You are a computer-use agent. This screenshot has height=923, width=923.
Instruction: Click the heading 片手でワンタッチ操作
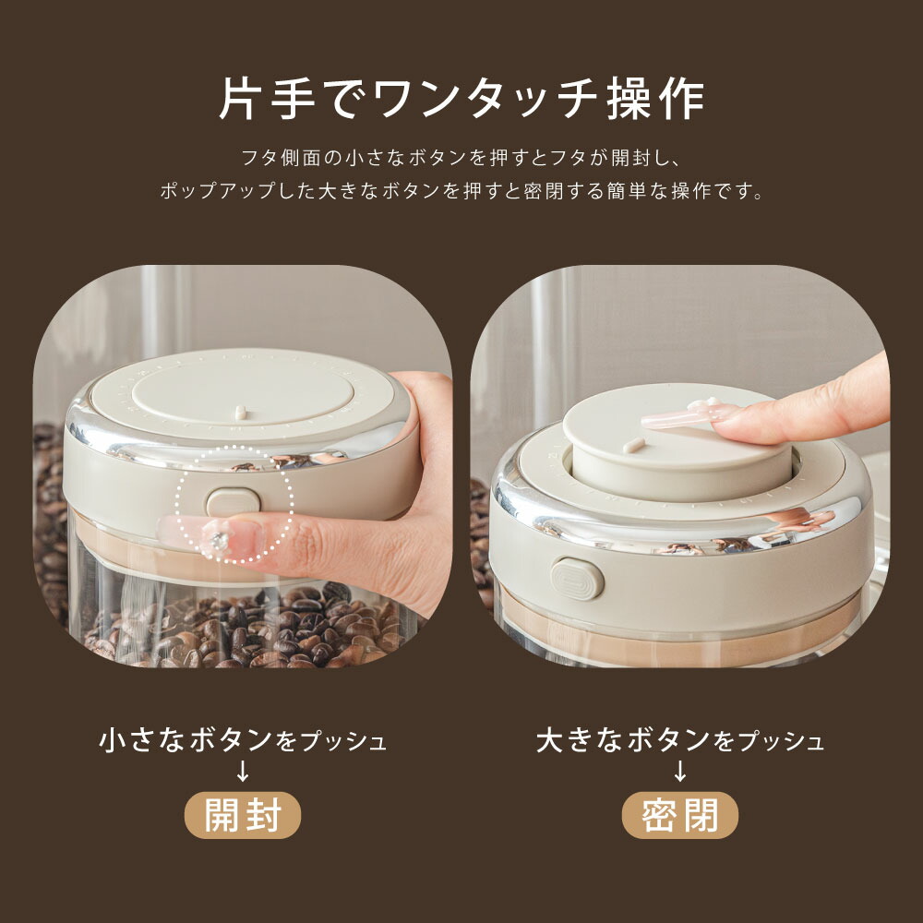pos(461,100)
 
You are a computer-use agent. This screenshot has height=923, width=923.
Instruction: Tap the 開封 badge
pos(243,815)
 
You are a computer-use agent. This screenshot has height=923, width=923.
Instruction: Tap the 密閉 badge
pos(680,815)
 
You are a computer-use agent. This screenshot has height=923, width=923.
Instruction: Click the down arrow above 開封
pos(243,771)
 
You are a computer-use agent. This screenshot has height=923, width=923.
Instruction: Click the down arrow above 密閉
pos(680,771)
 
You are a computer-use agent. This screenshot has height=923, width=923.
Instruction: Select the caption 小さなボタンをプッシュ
pos(243,740)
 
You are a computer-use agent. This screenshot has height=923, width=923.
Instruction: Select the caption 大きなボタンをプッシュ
pos(680,740)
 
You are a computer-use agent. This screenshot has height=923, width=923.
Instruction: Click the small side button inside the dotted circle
pos(234,501)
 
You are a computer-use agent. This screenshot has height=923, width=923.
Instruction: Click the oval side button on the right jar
pos(578,580)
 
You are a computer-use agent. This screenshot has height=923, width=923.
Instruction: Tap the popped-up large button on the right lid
pos(677,448)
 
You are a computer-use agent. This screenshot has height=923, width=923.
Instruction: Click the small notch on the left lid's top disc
pos(241,412)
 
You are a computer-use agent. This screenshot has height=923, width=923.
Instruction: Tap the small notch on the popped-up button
pos(634,445)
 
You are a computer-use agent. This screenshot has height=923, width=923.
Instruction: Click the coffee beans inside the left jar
pos(247,629)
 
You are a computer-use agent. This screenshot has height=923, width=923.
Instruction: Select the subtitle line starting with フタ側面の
pos(461,158)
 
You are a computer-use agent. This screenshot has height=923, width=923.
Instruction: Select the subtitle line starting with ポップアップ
pos(461,191)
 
